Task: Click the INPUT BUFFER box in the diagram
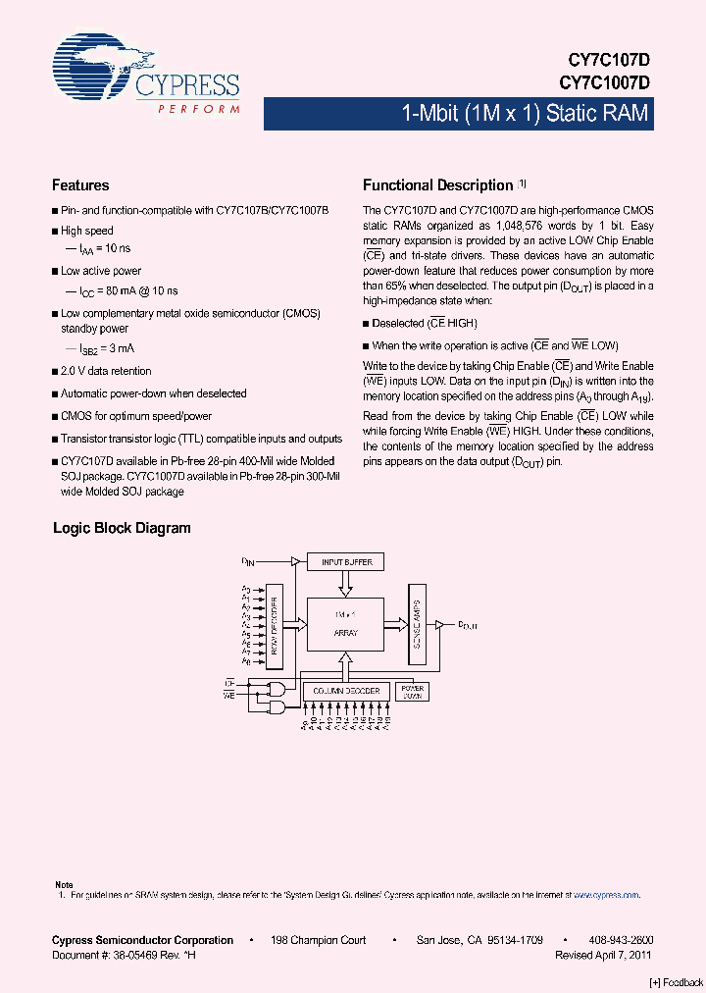click(x=345, y=562)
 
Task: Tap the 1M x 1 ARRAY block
click(x=345, y=623)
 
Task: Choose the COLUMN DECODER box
click(x=346, y=691)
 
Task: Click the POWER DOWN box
click(x=412, y=691)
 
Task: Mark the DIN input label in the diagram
click(x=248, y=561)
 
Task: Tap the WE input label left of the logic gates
click(x=230, y=694)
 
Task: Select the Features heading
click(x=80, y=185)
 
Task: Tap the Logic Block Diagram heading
click(x=122, y=528)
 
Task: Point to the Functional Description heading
click(x=438, y=185)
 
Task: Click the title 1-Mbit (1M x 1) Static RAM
click(x=526, y=114)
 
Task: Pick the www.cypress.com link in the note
click(x=606, y=895)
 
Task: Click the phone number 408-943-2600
click(x=622, y=940)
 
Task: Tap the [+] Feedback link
click(x=677, y=982)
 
